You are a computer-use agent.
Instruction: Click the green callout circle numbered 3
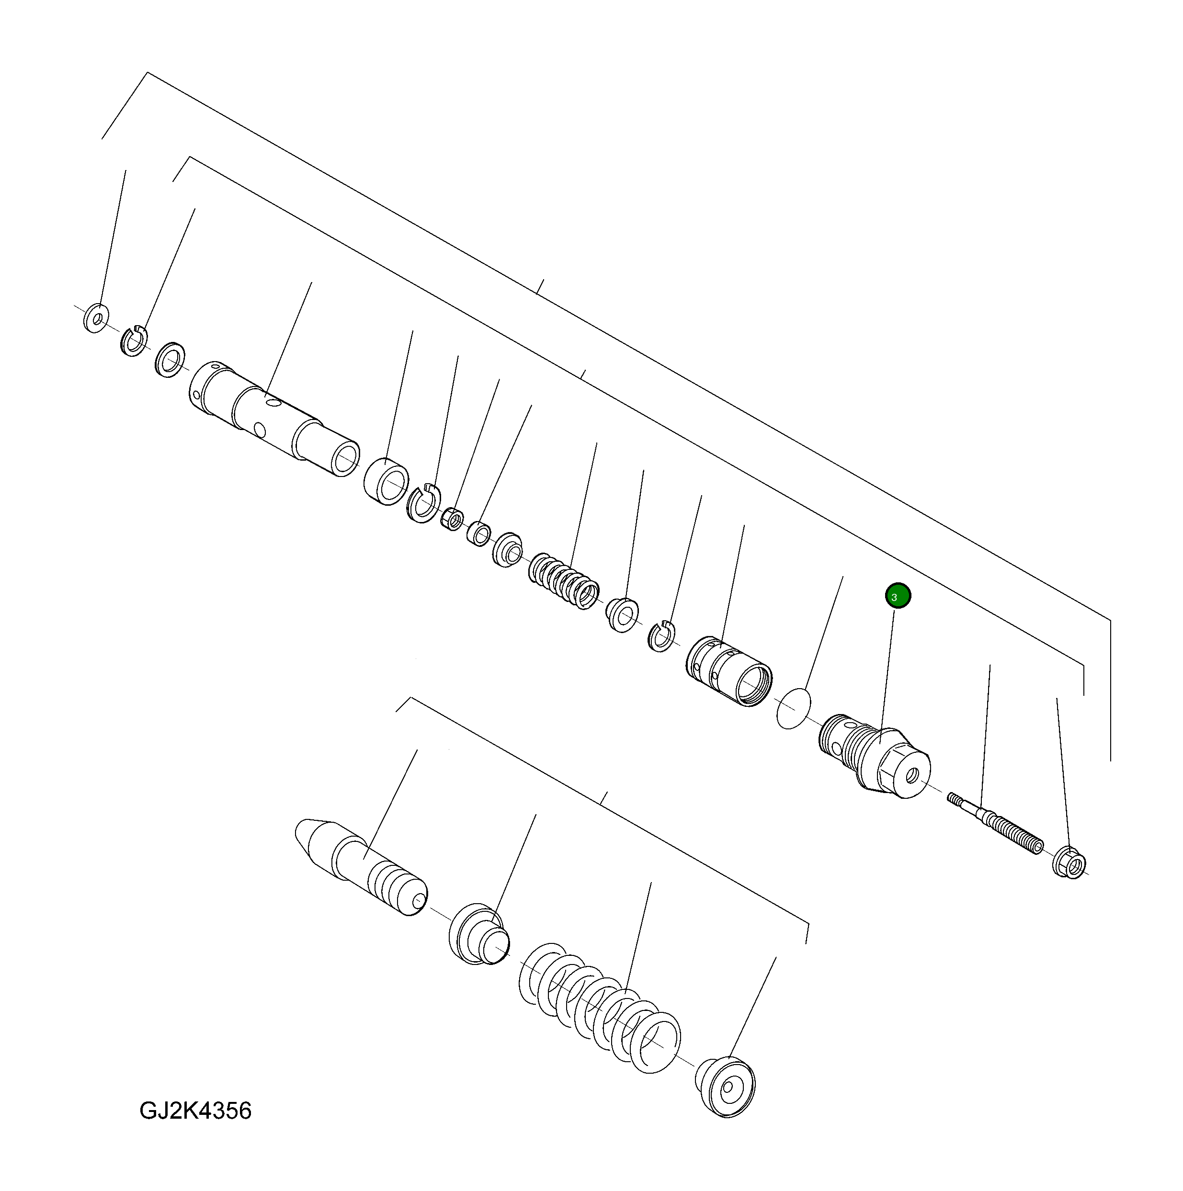coord(898,596)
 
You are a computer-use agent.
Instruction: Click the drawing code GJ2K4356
coord(195,1110)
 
